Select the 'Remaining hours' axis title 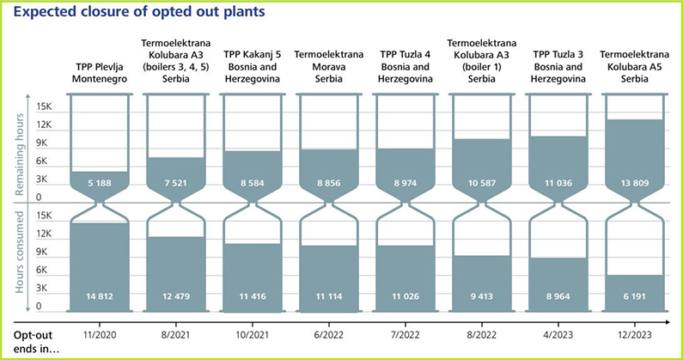coord(20,151)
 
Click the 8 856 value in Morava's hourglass coord(327,183)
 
